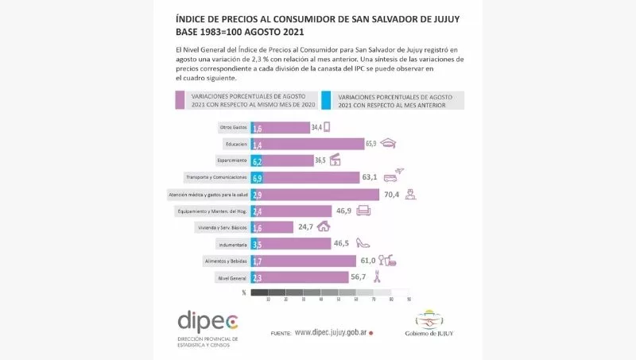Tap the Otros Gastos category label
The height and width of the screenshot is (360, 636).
click(232, 127)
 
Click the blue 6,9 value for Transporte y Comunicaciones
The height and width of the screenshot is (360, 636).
click(257, 178)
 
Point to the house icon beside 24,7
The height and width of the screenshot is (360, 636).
click(324, 226)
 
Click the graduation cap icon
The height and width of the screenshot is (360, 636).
click(388, 144)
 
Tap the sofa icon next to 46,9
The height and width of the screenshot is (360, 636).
click(364, 211)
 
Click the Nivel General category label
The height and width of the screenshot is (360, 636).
click(232, 278)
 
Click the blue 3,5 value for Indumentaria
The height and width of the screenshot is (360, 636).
click(257, 244)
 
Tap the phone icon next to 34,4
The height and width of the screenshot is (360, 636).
click(327, 126)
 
